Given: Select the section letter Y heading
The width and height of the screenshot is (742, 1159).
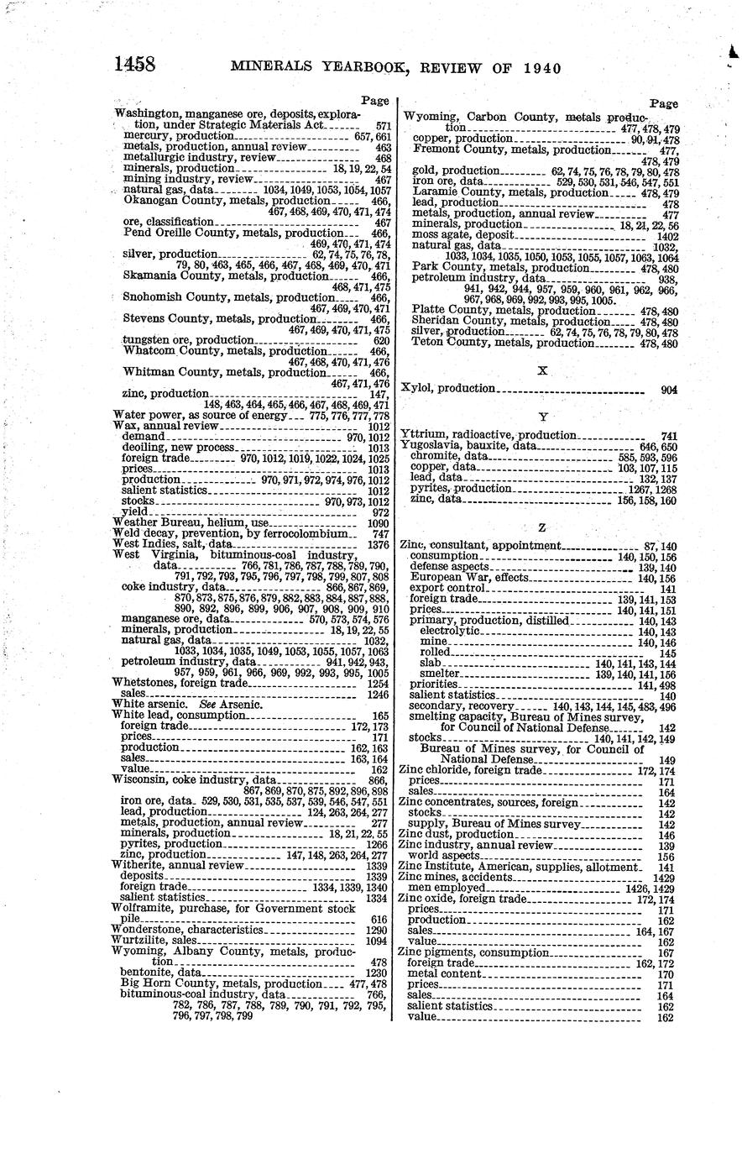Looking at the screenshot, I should (541, 416).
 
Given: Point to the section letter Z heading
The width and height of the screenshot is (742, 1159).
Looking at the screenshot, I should (541, 527).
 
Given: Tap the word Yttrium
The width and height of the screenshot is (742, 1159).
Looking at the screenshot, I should (422, 435).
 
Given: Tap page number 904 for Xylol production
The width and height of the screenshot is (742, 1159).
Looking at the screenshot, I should (668, 389).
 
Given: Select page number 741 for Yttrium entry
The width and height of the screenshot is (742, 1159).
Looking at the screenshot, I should (668, 435).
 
